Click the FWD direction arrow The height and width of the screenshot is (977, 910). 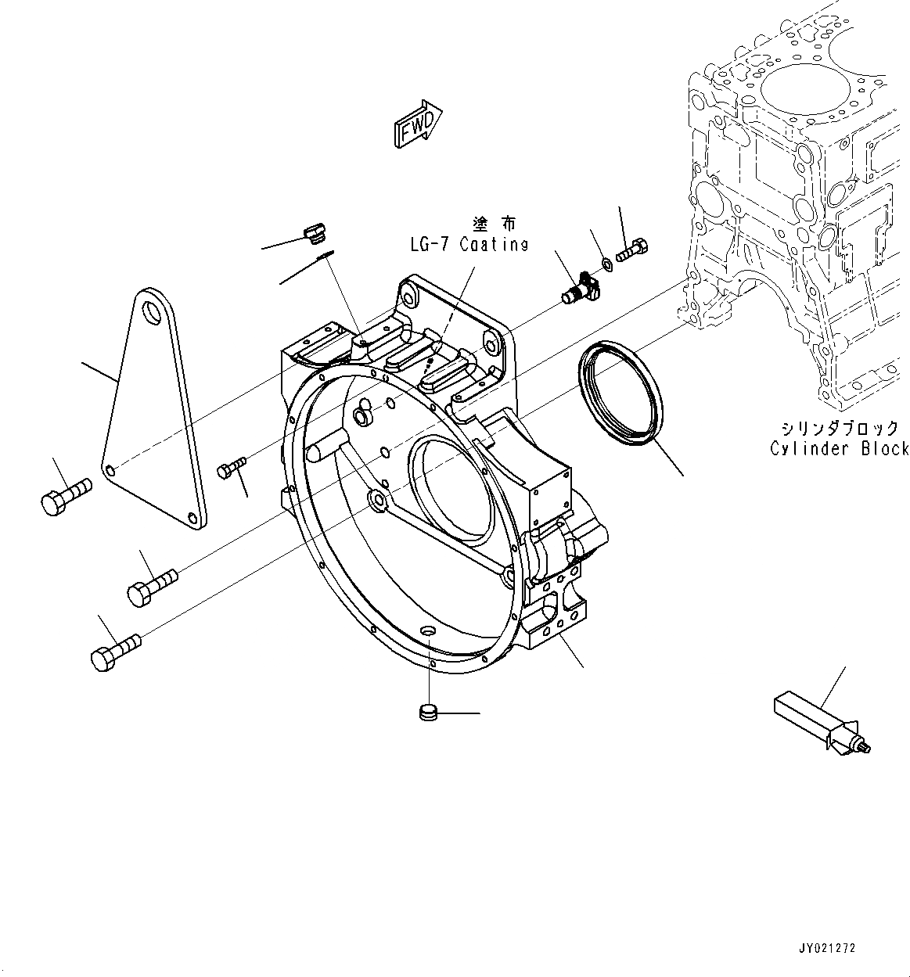418,124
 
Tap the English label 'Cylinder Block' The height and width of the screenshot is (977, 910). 839,449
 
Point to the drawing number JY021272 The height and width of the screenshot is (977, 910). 828,948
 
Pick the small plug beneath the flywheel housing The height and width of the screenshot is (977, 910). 429,712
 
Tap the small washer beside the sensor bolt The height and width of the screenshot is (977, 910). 606,261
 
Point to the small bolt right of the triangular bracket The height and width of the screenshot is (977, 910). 232,467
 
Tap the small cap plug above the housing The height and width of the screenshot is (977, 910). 314,232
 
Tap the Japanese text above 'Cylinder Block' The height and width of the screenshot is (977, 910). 839,429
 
